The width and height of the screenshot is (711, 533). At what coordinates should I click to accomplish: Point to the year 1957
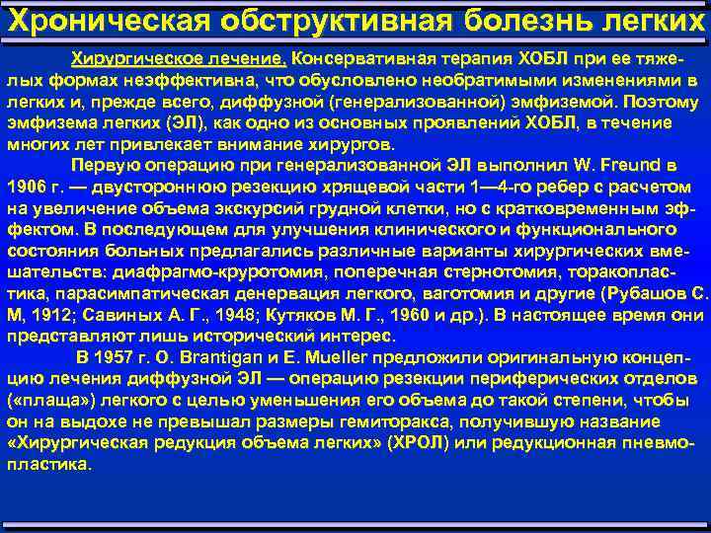[123, 356]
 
